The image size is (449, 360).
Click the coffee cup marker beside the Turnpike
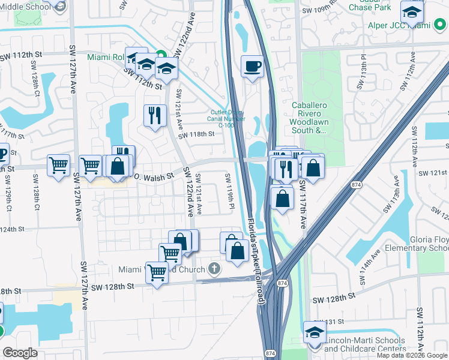coord(253,66)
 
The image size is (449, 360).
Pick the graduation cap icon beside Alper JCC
coord(412,11)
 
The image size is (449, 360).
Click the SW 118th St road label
coord(196,134)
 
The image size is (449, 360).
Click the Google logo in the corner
coord(20,353)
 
